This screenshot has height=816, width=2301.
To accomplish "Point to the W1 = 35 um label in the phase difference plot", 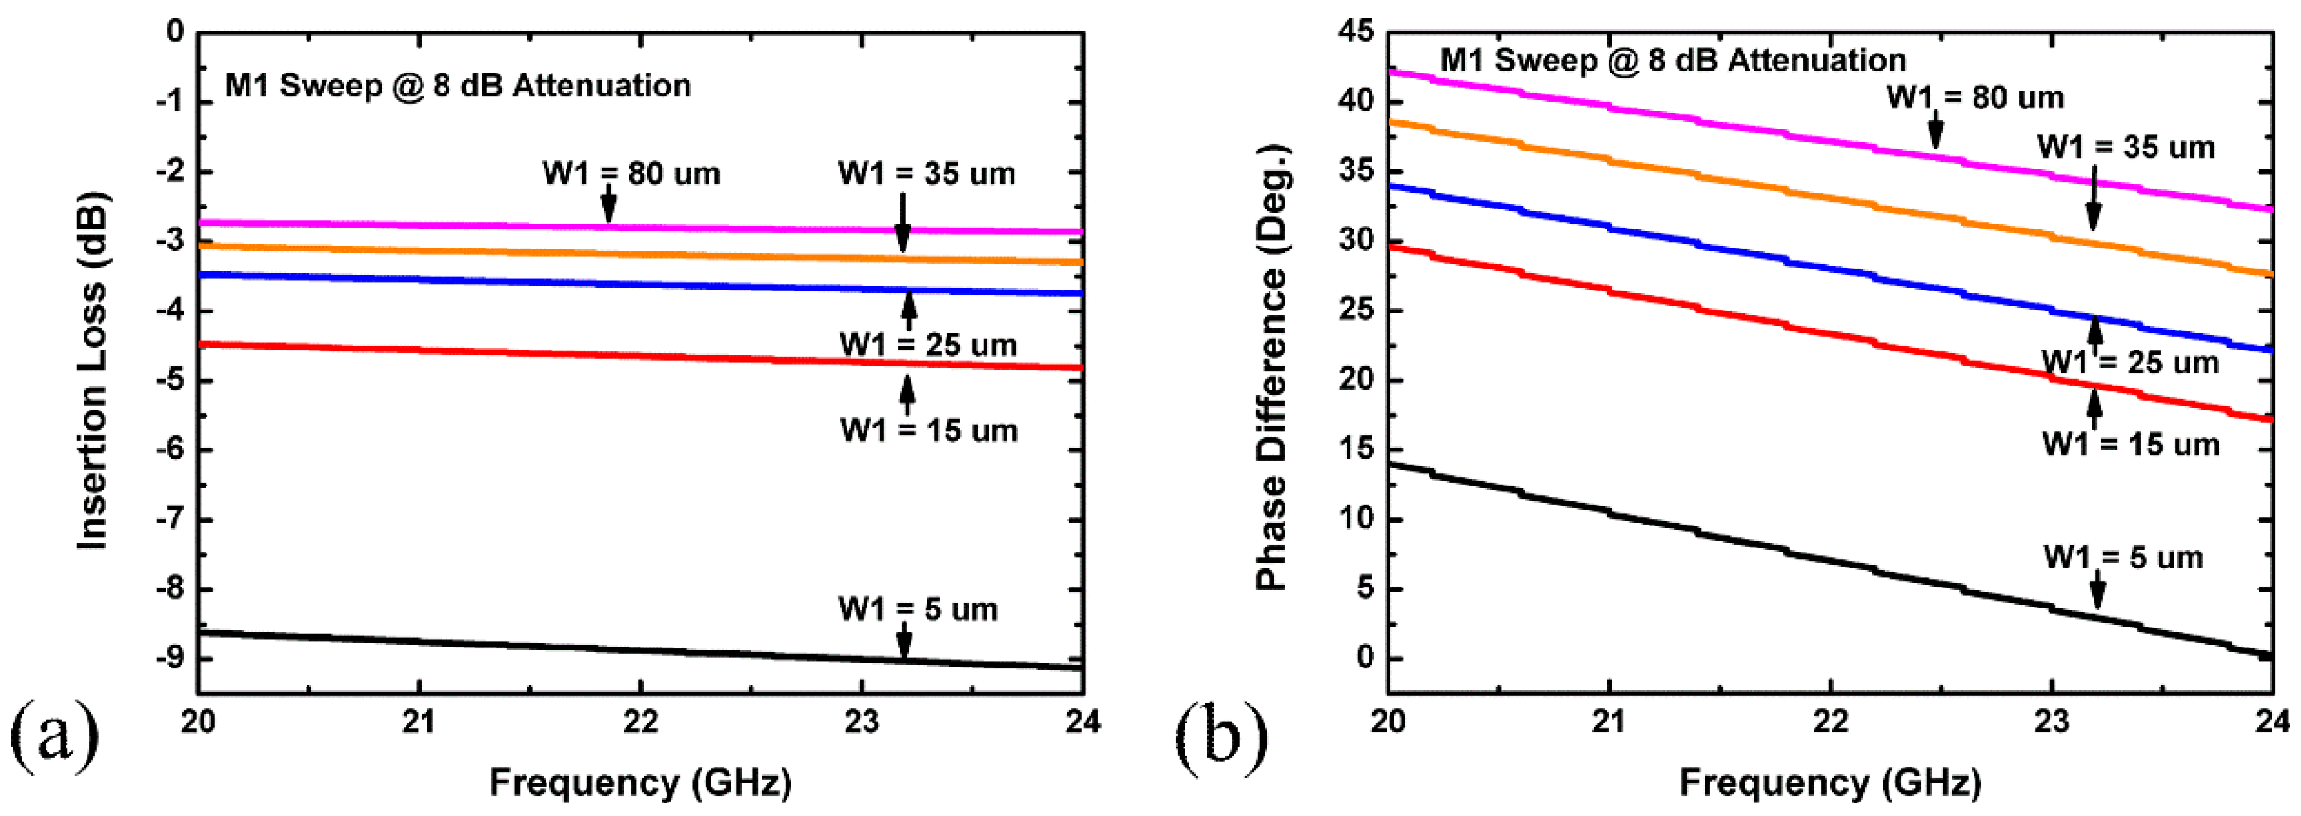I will (x=2126, y=148).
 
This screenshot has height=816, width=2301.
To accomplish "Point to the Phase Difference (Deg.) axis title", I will (x=1271, y=366).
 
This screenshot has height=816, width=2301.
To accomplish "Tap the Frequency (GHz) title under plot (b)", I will (x=1830, y=783).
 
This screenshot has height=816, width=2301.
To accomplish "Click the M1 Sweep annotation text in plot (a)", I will (x=457, y=86).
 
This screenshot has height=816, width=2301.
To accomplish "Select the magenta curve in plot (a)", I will (x=447, y=225).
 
